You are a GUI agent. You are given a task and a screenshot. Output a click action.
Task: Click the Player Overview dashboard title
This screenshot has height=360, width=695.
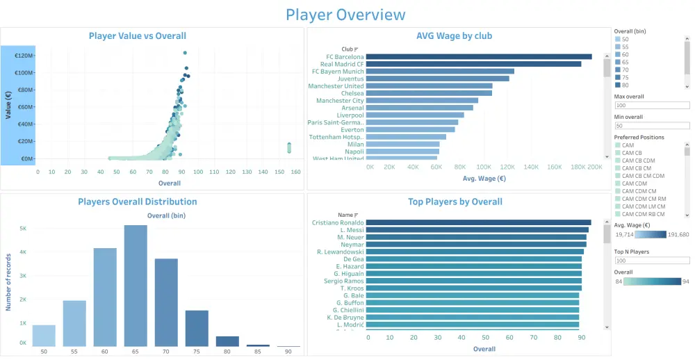coord(345,15)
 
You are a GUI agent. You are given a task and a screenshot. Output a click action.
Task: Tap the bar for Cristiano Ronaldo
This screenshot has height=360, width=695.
coord(478,222)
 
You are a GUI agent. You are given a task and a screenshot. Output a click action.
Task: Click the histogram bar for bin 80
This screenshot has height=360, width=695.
coord(227,341)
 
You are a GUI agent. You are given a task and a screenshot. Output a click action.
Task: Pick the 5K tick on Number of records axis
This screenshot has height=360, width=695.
coord(22,228)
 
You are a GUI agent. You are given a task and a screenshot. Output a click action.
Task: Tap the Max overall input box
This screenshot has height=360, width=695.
coord(651,106)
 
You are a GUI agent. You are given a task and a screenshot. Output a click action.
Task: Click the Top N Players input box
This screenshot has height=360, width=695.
coord(651,260)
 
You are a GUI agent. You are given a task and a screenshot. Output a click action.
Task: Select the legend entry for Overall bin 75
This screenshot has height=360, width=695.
coord(617,77)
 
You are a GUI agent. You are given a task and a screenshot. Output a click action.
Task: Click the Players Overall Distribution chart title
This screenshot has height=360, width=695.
coord(137,202)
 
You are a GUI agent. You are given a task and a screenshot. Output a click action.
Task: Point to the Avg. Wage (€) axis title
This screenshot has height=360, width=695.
coord(484,179)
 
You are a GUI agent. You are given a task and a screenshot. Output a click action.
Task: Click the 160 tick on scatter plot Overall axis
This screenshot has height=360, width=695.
coord(295,172)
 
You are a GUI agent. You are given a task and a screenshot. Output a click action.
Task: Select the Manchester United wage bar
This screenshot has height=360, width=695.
coord(429,85)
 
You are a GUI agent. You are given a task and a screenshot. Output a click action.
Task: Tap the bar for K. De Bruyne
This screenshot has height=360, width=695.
coord(473,317)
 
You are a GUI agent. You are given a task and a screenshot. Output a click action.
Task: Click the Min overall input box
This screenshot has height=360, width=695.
coord(651,126)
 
